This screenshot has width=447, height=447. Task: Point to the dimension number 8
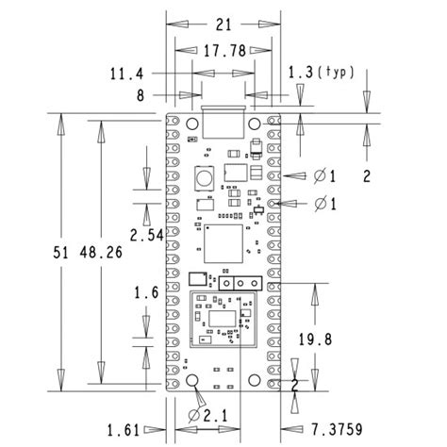click(x=141, y=94)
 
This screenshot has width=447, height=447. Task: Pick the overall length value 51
click(x=60, y=252)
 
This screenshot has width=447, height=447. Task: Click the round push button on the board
click(x=202, y=177)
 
